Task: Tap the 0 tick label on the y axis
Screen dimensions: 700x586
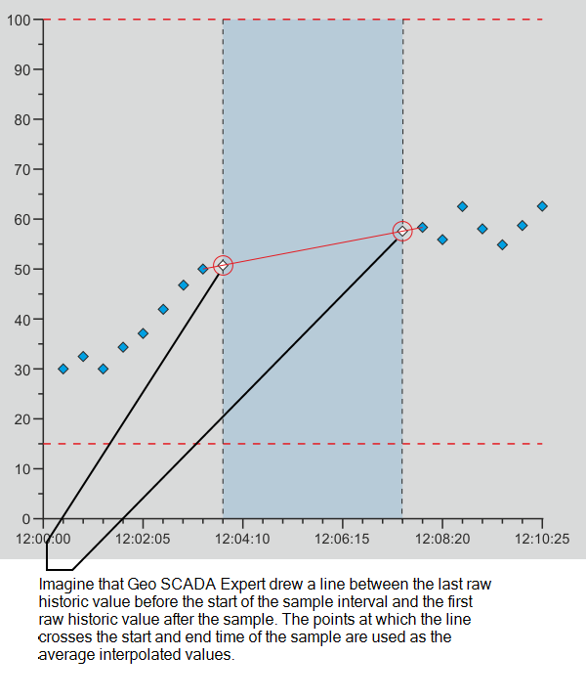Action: (x=25, y=518)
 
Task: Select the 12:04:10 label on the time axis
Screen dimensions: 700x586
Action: (x=243, y=538)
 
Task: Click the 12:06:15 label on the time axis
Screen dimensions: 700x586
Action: (x=343, y=538)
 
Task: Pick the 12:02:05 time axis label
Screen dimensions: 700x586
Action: (x=143, y=538)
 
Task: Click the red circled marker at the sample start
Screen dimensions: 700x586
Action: (x=223, y=265)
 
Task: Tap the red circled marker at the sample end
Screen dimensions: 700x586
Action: (x=402, y=231)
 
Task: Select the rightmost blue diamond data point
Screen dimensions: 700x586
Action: (x=542, y=206)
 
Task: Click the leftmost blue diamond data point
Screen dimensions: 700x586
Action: (x=63, y=369)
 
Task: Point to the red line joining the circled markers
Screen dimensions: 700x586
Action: (x=313, y=247)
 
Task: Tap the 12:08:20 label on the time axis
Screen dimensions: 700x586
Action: (x=442, y=538)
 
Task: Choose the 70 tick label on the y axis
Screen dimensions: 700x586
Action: (x=21, y=169)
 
